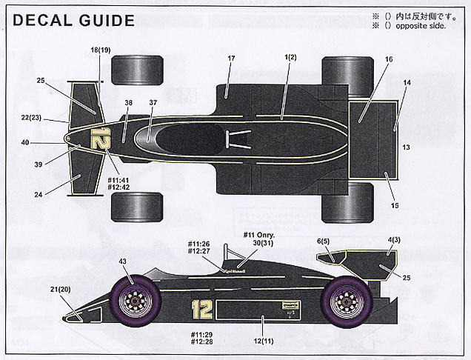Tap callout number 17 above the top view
(230, 58)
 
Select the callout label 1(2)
(290, 58)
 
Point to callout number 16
(389, 59)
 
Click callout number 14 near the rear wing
(407, 83)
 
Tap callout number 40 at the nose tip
(46, 142)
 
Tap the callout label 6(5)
(322, 241)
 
